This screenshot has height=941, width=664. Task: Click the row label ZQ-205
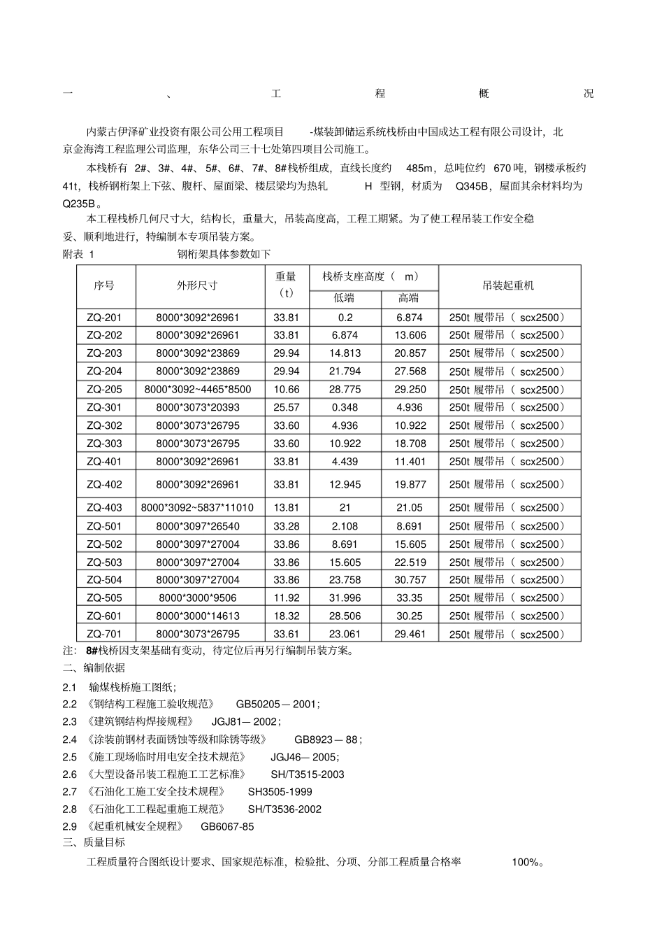[103, 390]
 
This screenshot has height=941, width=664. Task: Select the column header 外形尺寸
[197, 285]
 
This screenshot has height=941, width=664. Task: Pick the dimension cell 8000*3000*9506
[197, 598]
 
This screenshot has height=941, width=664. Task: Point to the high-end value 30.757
[410, 580]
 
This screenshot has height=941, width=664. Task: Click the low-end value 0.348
[345, 407]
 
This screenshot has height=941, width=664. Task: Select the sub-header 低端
[344, 298]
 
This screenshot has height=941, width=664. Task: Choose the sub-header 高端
[409, 298]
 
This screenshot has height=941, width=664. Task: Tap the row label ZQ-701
[103, 635]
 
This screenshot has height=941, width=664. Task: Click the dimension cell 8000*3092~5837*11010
[197, 508]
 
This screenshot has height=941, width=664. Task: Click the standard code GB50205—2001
[277, 705]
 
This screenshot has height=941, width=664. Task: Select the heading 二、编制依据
[94, 668]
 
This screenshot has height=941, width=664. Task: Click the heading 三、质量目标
[94, 843]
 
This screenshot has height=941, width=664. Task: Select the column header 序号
[103, 285]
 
